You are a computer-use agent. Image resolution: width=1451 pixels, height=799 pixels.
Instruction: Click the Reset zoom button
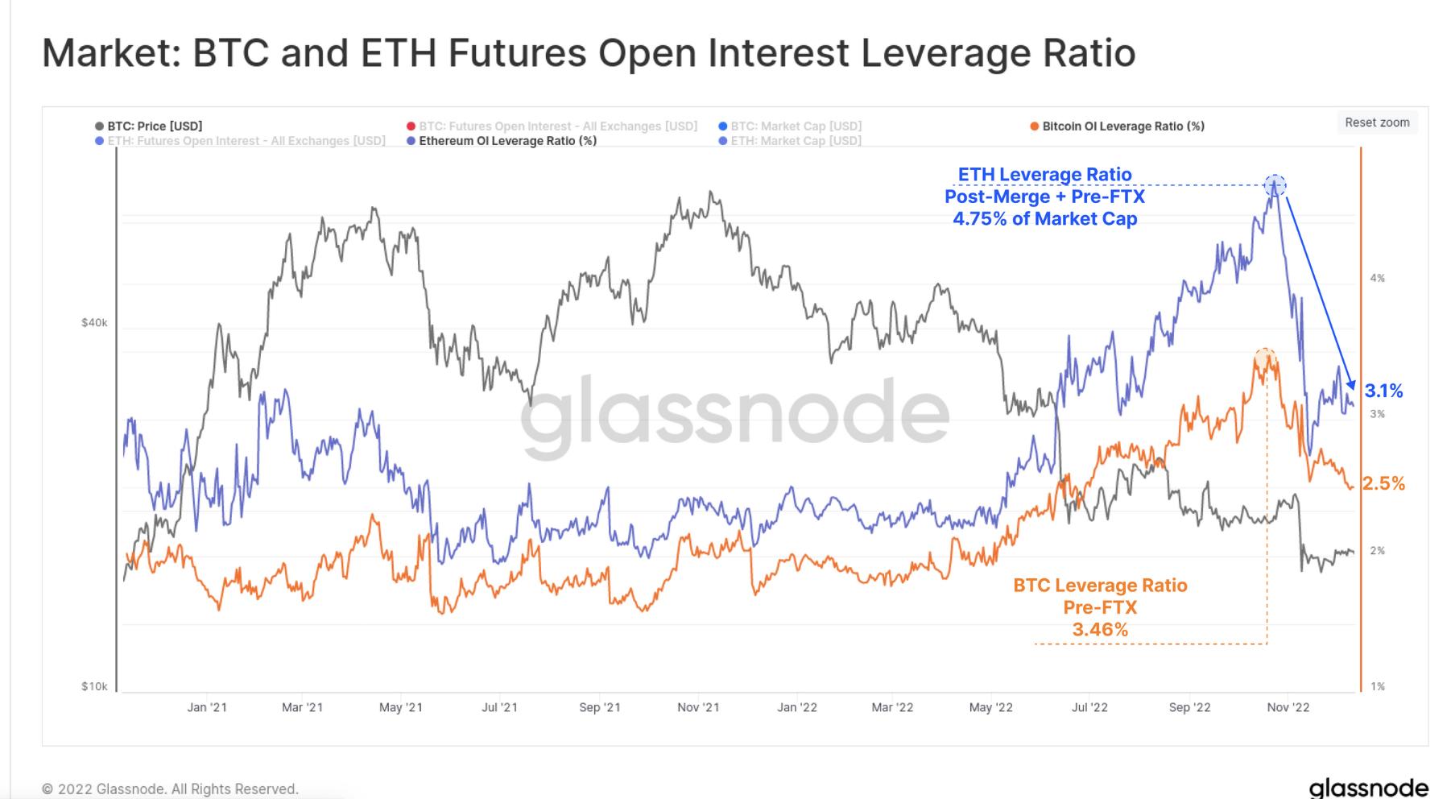click(1377, 122)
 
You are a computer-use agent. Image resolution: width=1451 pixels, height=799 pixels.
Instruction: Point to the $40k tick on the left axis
click(94, 323)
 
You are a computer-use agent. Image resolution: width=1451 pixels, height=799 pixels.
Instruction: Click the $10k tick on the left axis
click(94, 687)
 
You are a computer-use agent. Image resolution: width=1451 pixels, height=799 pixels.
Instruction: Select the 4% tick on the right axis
click(1378, 279)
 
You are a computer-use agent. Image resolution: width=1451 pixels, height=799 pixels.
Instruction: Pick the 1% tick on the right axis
click(1378, 687)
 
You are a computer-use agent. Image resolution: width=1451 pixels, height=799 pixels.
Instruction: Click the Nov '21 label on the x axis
click(698, 708)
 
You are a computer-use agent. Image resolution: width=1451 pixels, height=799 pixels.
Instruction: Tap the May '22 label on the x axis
click(991, 708)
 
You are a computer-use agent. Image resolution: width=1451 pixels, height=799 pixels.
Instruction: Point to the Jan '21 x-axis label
click(207, 708)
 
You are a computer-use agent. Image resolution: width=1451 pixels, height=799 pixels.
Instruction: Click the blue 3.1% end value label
click(1384, 391)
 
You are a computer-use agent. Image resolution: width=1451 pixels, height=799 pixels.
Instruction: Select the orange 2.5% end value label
click(1384, 484)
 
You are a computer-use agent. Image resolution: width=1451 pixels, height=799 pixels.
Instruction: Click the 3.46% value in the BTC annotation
click(1100, 630)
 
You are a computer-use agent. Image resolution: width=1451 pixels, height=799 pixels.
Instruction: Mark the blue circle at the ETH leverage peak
click(1275, 186)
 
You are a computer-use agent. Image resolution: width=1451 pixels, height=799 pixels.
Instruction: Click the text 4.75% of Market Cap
click(1044, 219)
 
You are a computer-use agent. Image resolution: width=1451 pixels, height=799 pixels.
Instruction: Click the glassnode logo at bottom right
click(1369, 787)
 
